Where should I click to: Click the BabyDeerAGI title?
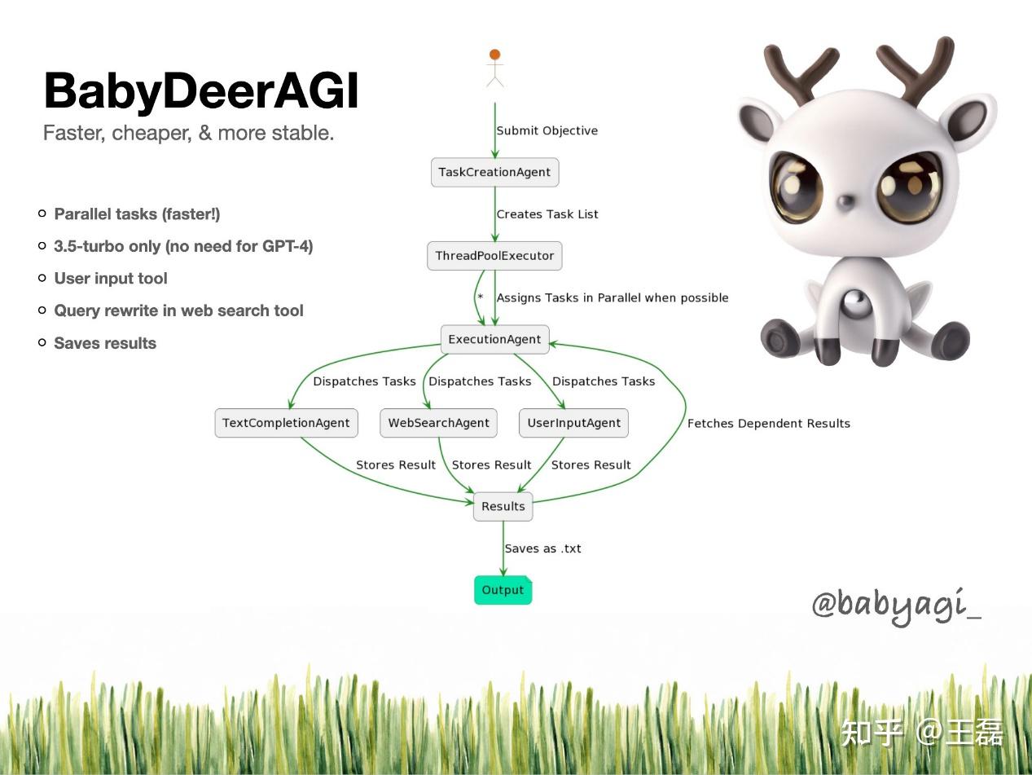200,90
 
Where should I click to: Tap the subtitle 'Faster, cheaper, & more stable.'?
188,133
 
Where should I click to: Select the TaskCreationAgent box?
494,172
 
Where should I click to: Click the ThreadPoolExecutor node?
494,256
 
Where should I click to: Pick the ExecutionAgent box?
494,339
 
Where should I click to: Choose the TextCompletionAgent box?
286,423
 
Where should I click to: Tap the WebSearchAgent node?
438,423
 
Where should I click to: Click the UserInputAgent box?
573,423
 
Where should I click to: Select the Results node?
503,506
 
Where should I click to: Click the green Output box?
503,590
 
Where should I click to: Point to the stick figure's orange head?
494,55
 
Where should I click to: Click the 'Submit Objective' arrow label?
547,130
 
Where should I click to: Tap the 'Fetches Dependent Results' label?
768,423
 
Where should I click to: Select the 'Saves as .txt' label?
542,548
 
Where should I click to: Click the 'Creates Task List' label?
547,214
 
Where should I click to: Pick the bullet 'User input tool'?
111,279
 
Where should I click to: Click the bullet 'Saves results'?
105,343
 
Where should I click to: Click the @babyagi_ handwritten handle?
896,605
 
